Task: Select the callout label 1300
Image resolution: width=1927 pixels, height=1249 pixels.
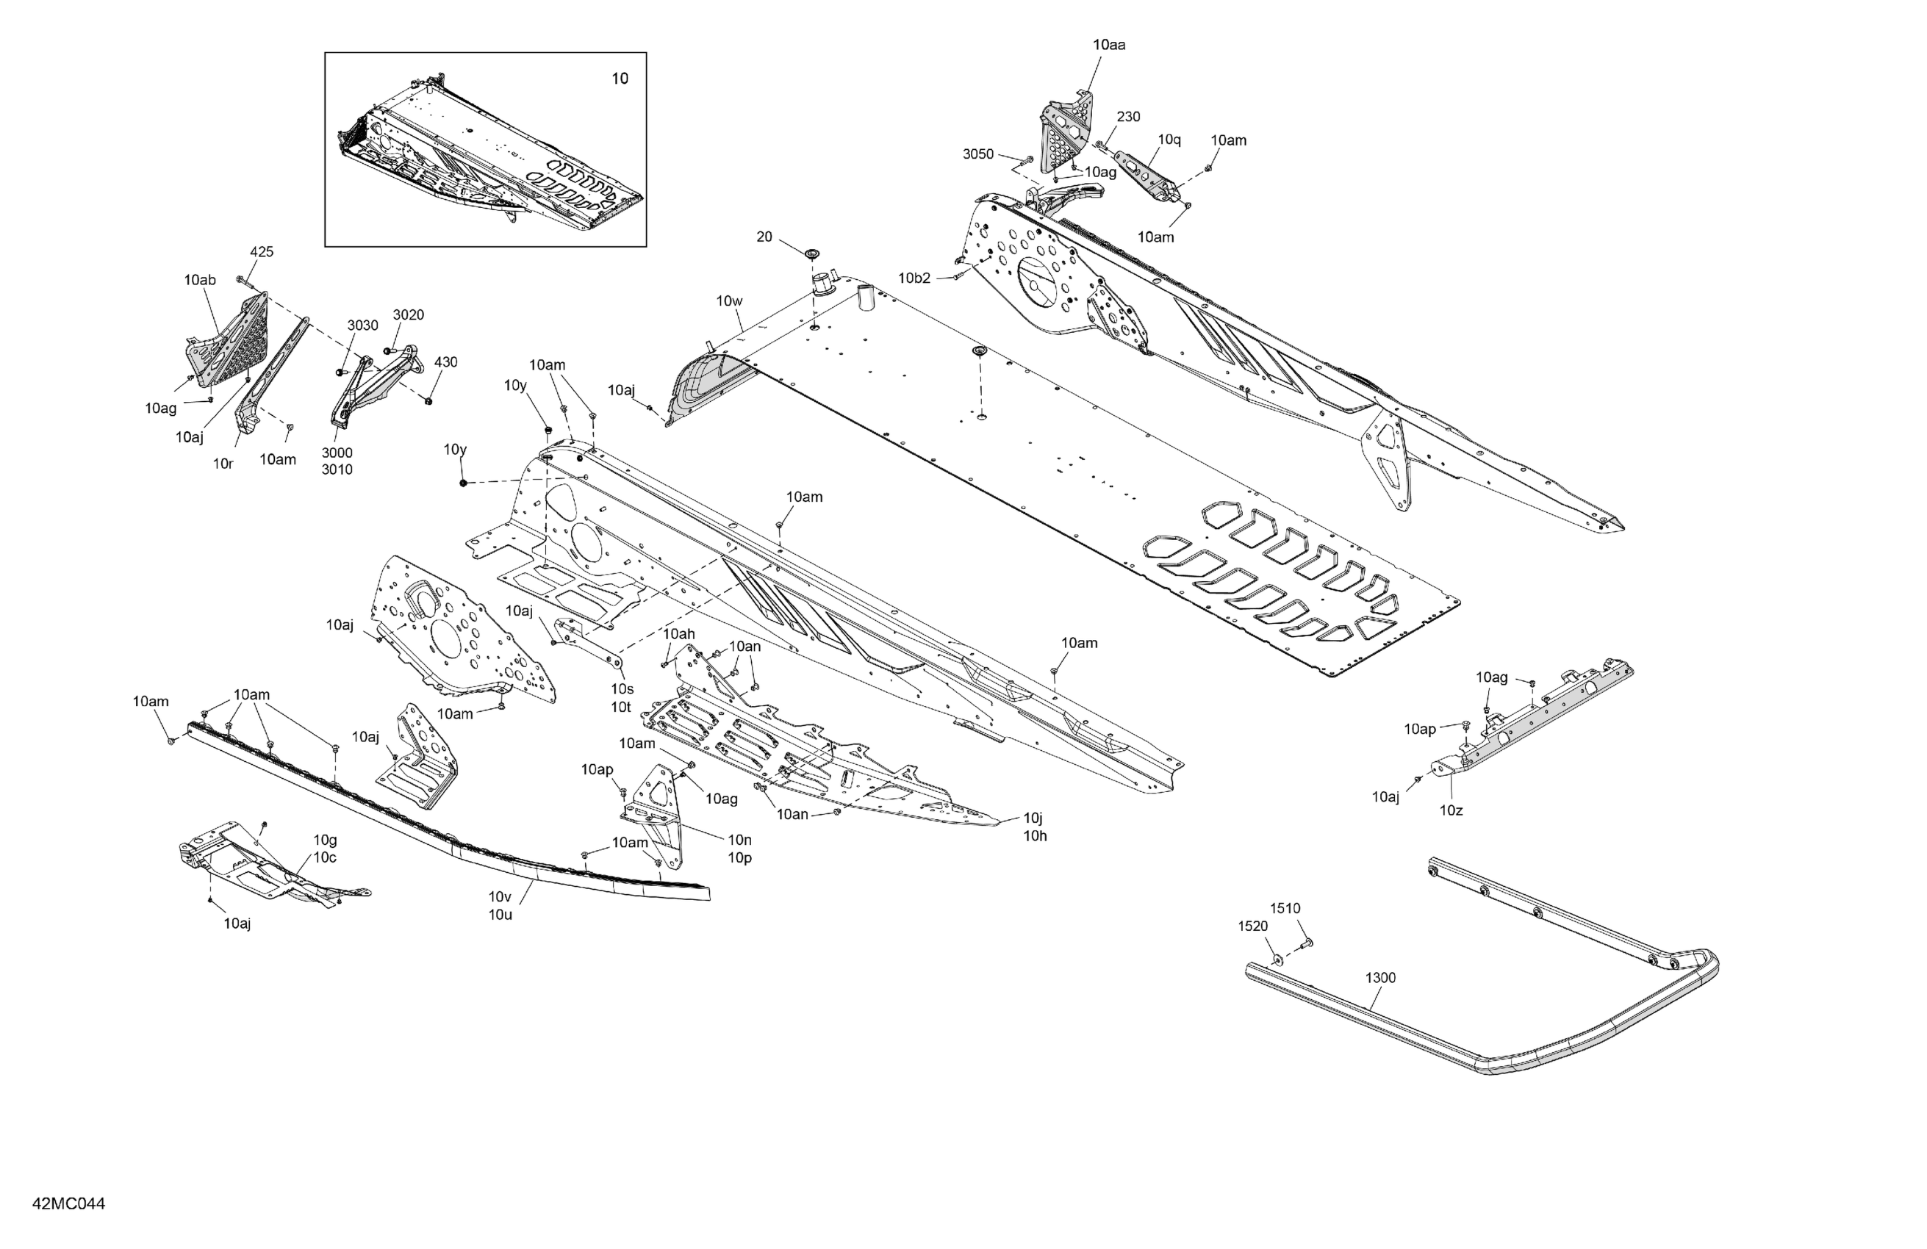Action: tap(1380, 978)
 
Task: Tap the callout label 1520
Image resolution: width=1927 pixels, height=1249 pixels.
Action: tap(1252, 926)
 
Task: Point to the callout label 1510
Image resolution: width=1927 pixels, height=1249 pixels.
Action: tap(1285, 908)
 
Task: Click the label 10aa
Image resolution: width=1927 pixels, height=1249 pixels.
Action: tap(1108, 46)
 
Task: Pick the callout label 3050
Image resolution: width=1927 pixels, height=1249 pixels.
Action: tap(978, 154)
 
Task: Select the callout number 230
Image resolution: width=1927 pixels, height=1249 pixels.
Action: tap(1128, 117)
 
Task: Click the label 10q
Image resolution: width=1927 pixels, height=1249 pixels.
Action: tap(1169, 140)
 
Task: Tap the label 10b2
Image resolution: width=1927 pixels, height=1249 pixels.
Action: tap(914, 278)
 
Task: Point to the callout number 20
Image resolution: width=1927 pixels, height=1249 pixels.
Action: tap(764, 237)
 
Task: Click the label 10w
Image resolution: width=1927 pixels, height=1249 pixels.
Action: tap(729, 301)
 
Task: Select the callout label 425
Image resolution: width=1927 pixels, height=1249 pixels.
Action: tap(262, 252)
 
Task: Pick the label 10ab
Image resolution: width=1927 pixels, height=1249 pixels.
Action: tap(199, 280)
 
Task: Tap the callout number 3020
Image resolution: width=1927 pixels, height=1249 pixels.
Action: tap(408, 315)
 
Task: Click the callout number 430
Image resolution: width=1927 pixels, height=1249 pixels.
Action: tap(445, 361)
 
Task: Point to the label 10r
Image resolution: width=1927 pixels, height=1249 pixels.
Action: tap(223, 464)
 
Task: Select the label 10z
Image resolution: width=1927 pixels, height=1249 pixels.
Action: tap(1451, 810)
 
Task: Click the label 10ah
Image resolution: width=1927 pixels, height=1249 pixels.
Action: tap(678, 633)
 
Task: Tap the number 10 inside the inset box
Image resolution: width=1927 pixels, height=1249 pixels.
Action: tap(620, 79)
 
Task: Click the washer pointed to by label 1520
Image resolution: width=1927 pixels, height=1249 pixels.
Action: tap(1277, 960)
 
